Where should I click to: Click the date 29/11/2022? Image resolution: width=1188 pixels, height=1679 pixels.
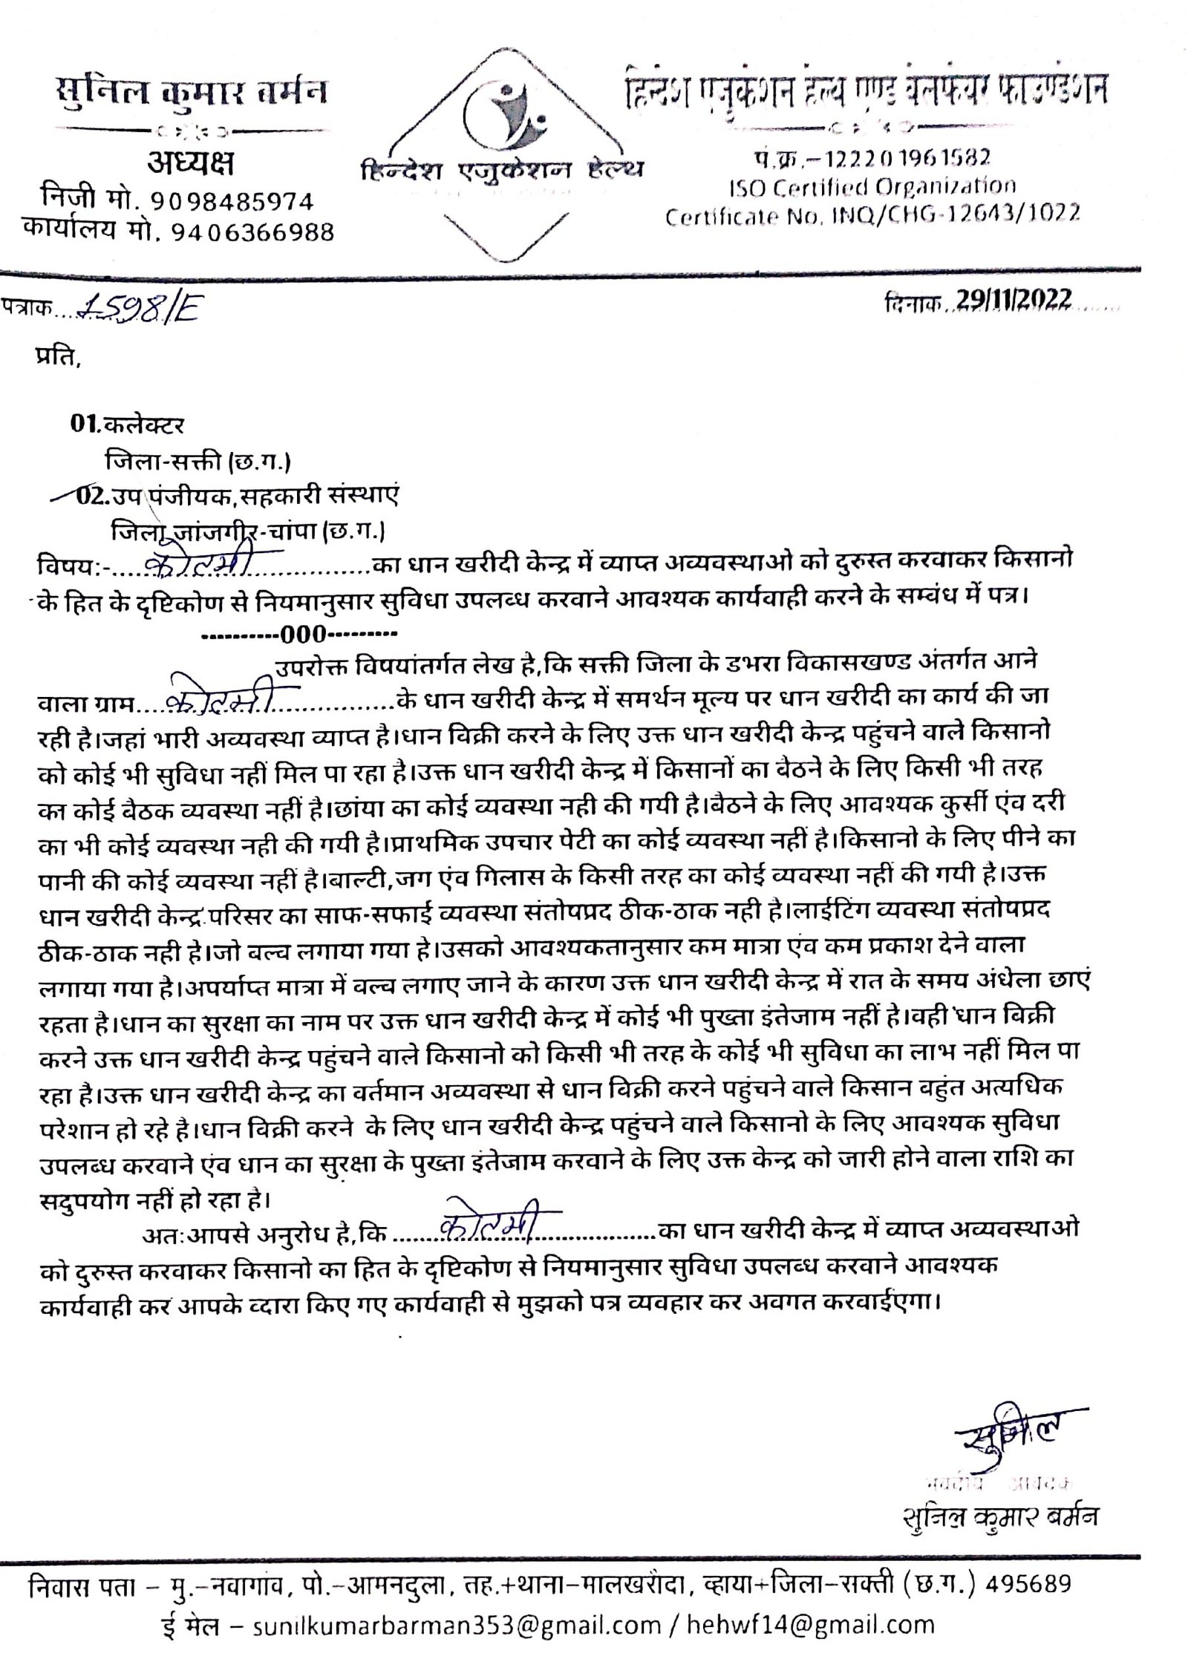[1014, 299]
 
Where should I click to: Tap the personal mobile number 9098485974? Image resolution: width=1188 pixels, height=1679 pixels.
[232, 201]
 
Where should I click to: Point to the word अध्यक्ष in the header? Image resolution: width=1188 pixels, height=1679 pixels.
[190, 165]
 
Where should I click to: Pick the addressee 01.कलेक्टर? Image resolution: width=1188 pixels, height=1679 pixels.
[126, 425]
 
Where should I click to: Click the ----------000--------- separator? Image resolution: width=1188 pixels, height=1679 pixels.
[300, 635]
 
